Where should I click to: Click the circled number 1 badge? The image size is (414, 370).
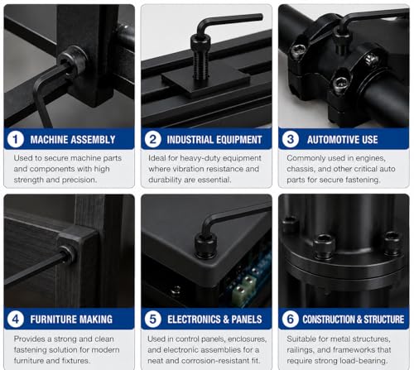pyautogui.click(x=15, y=139)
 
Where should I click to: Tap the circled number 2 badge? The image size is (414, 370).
pyautogui.click(x=152, y=139)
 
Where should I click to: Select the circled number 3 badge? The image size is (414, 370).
pyautogui.click(x=290, y=139)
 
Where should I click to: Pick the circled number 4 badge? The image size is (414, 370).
pyautogui.click(x=15, y=320)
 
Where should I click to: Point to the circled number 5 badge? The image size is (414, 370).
pyautogui.click(x=152, y=320)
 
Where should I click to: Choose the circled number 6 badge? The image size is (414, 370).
pyautogui.click(x=290, y=320)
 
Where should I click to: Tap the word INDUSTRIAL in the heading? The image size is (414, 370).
pyautogui.click(x=190, y=140)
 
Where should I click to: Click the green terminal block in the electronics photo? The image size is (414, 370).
pyautogui.click(x=243, y=288)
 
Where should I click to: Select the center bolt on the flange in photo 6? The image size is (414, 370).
pyautogui.click(x=325, y=247)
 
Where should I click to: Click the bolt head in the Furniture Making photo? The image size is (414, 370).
pyautogui.click(x=68, y=255)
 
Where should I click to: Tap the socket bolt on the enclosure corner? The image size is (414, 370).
pyautogui.click(x=205, y=246)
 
